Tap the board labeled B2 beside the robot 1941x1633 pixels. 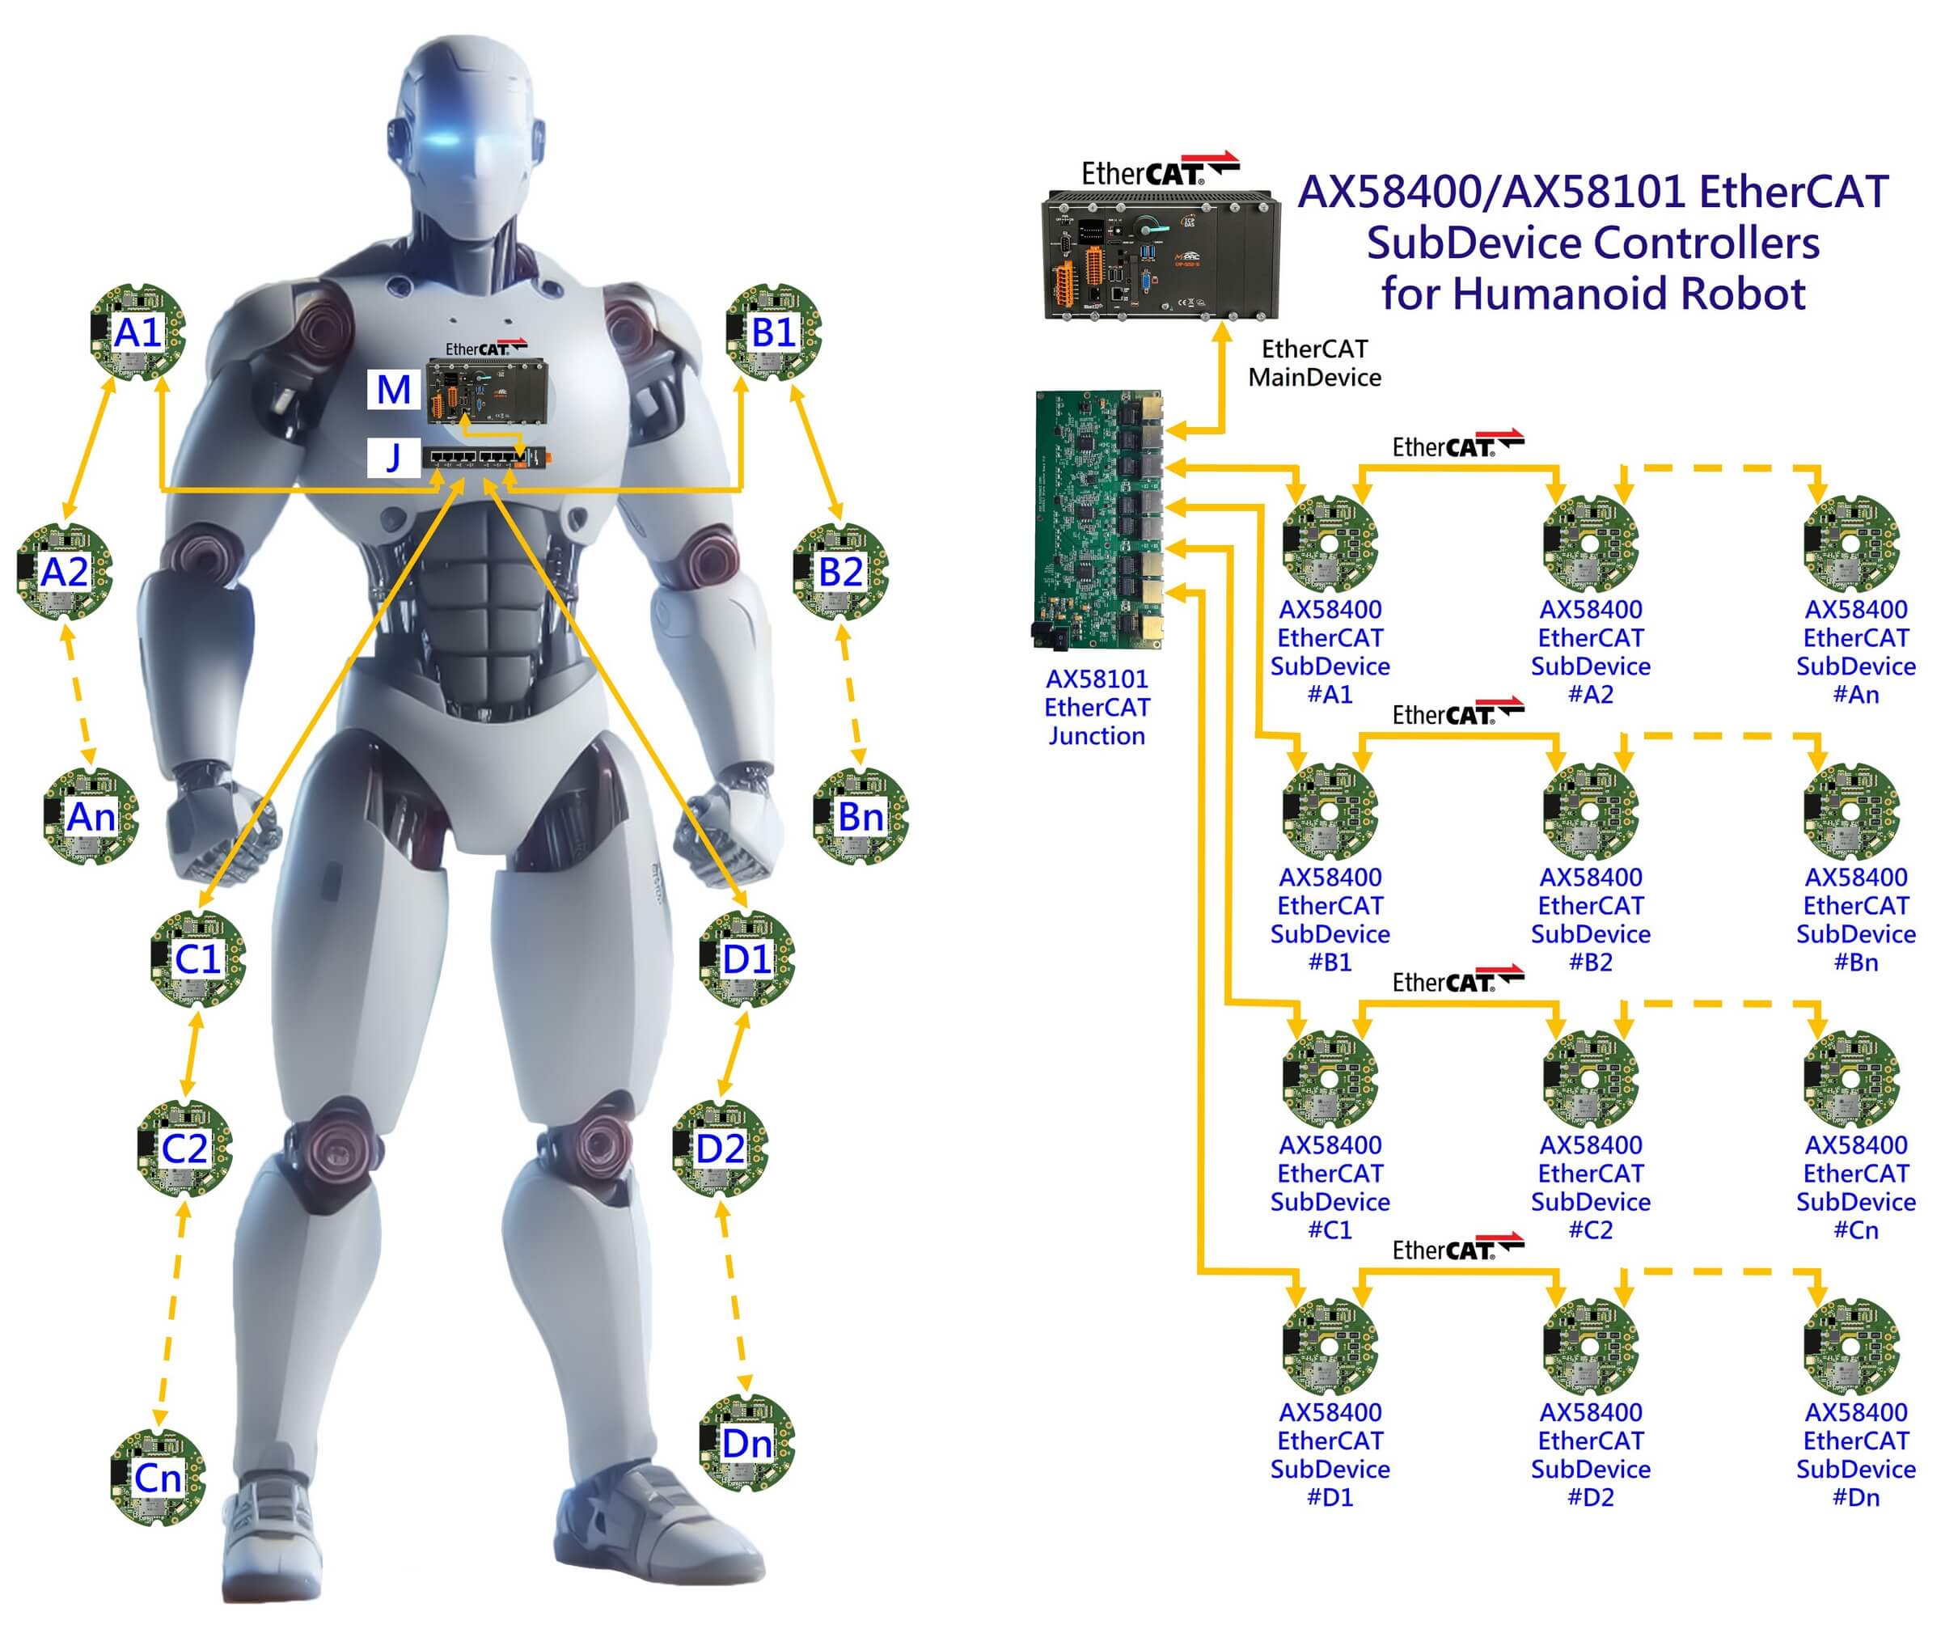[x=840, y=572]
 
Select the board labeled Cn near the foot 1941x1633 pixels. [x=158, y=1479]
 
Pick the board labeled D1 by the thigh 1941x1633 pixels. [x=746, y=959]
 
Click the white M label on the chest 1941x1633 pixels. [x=393, y=390]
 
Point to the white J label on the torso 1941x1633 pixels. [x=393, y=457]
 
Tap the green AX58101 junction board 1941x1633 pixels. [x=1097, y=518]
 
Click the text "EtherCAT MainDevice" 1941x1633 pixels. [x=1313, y=363]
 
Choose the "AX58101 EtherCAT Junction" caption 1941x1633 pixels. [x=1097, y=707]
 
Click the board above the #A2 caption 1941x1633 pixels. [x=1590, y=545]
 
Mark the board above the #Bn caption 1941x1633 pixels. [x=1851, y=812]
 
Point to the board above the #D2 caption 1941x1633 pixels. [x=1590, y=1347]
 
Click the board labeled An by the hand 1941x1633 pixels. [x=91, y=818]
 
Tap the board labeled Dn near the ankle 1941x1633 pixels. [x=746, y=1443]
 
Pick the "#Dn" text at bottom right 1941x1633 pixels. [x=1855, y=1497]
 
